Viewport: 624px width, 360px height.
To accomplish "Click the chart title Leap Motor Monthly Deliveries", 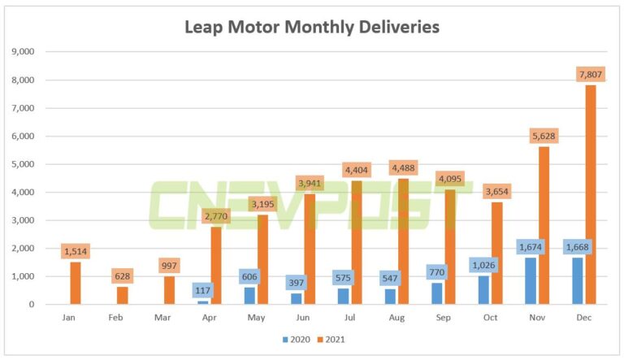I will [x=312, y=27].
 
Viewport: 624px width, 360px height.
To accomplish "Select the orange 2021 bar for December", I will [x=591, y=195].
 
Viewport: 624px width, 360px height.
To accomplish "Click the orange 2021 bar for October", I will [x=497, y=253].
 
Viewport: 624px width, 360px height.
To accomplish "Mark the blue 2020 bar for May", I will [x=249, y=296].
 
